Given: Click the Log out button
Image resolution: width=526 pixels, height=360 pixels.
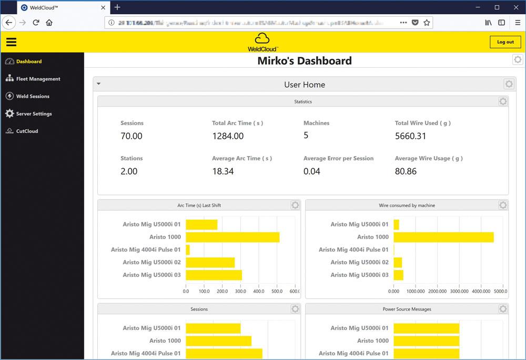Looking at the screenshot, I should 505,42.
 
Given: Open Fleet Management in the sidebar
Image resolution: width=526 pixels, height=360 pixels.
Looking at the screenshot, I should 38,79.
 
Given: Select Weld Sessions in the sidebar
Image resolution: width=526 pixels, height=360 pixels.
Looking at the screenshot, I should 33,96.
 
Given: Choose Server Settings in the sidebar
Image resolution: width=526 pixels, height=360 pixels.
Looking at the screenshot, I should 34,114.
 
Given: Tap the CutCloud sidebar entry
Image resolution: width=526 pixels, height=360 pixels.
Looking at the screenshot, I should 27,131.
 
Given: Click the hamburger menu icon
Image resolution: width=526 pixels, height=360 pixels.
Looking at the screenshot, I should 11,42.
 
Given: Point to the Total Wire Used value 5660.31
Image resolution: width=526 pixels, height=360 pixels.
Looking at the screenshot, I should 410,136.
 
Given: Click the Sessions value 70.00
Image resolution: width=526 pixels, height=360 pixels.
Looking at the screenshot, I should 131,136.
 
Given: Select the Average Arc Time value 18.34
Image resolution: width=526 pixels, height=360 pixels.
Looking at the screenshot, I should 222,171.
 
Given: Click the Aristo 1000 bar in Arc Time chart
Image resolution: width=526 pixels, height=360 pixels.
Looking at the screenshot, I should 232,237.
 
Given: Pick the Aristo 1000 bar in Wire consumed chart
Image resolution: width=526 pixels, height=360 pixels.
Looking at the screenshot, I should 443,237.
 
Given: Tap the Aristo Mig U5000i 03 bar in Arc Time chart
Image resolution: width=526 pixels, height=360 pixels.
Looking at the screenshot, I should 214,275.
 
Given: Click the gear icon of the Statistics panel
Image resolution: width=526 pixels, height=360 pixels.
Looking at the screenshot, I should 503,101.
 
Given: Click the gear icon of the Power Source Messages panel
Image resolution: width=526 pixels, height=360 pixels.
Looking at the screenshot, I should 503,309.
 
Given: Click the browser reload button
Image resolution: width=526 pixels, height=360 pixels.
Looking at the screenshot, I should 36,23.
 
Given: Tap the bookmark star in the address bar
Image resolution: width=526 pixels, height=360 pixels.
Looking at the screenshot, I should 427,23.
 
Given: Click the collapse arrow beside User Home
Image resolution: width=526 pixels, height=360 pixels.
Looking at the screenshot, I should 98,84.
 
